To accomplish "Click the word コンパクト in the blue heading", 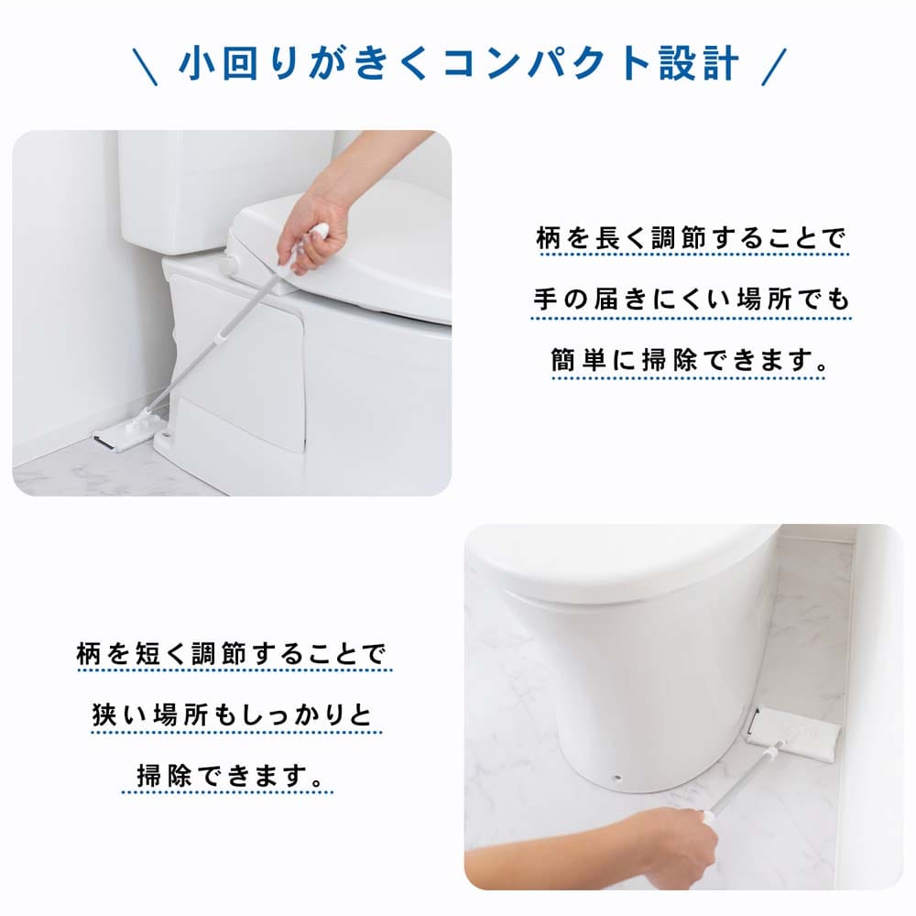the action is pos(546,63).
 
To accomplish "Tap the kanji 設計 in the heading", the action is pos(699,63).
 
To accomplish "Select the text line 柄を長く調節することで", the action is pos(691,238).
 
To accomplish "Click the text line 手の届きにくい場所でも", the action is pos(691,300).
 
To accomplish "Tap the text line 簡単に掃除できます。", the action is pos(690,359).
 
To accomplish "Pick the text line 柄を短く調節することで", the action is pos(232,654).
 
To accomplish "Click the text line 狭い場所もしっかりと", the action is pos(233,714).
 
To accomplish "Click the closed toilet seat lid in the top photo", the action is pos(344,251).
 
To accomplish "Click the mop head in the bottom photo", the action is pos(794,734).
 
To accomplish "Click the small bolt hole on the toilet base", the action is pos(616,778).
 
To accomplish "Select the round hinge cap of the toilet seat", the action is pos(228,266).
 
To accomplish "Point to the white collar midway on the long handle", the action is pos(222,338).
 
